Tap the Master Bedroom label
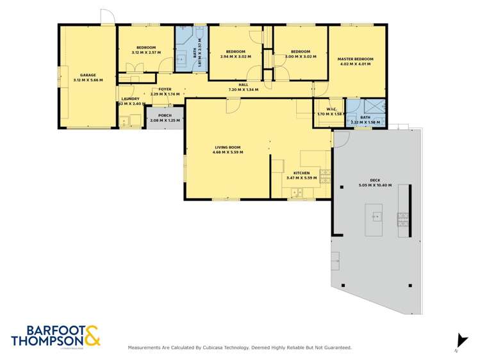[355, 59]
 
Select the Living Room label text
[227, 147]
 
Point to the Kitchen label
[301, 173]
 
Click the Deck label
[375, 180]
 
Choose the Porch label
[165, 116]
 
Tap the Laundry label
[130, 99]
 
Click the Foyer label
[165, 90]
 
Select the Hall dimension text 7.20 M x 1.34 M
[243, 90]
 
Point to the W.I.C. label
[331, 109]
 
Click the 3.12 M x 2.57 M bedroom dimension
[146, 53]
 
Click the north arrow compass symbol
[458, 341]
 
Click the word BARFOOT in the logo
[40, 330]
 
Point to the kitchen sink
[297, 192]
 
